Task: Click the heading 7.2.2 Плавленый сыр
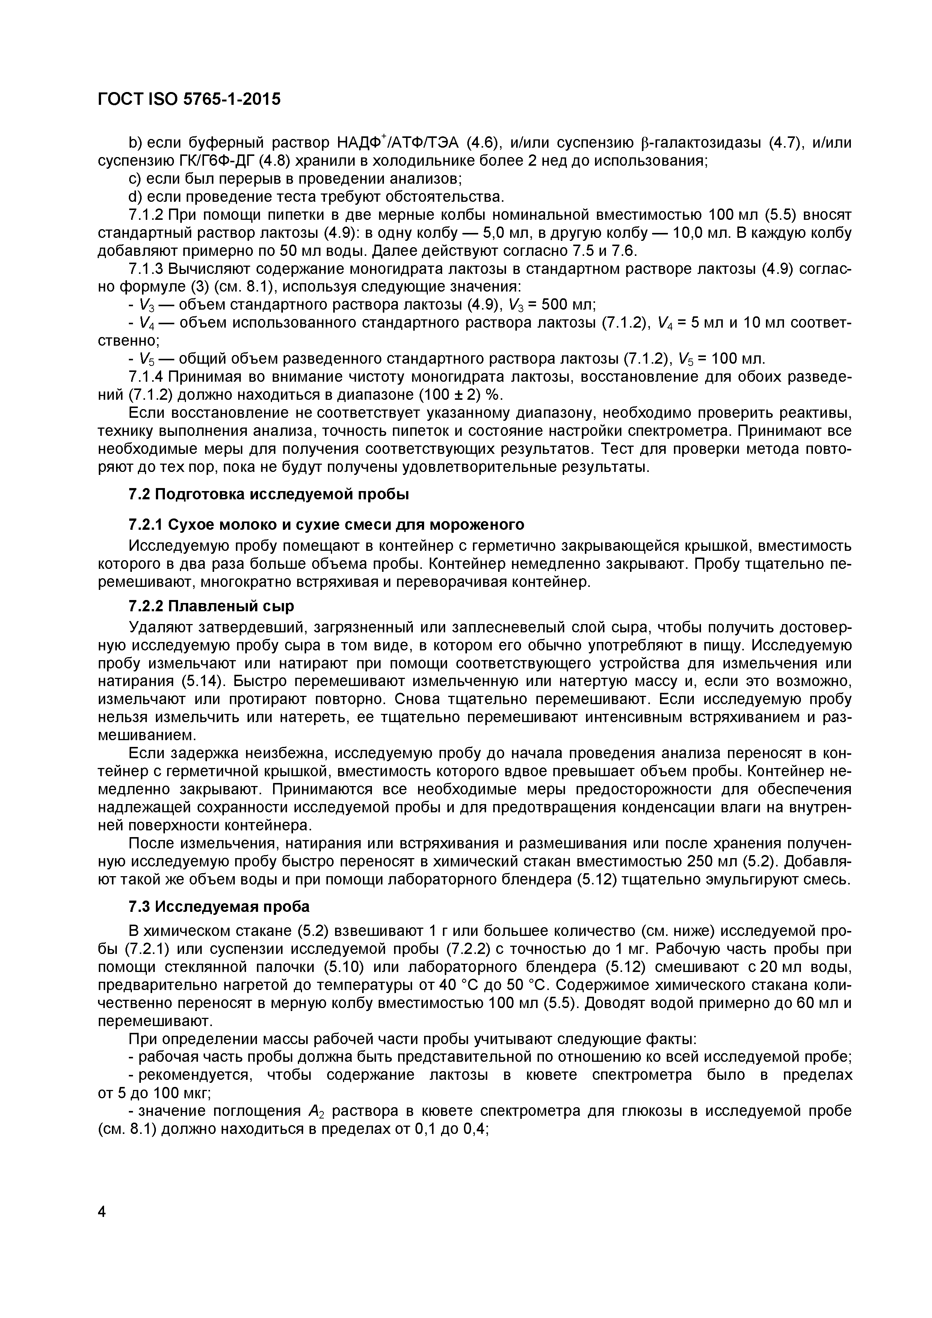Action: pos(211,606)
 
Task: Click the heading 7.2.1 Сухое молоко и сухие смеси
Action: pos(326,524)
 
